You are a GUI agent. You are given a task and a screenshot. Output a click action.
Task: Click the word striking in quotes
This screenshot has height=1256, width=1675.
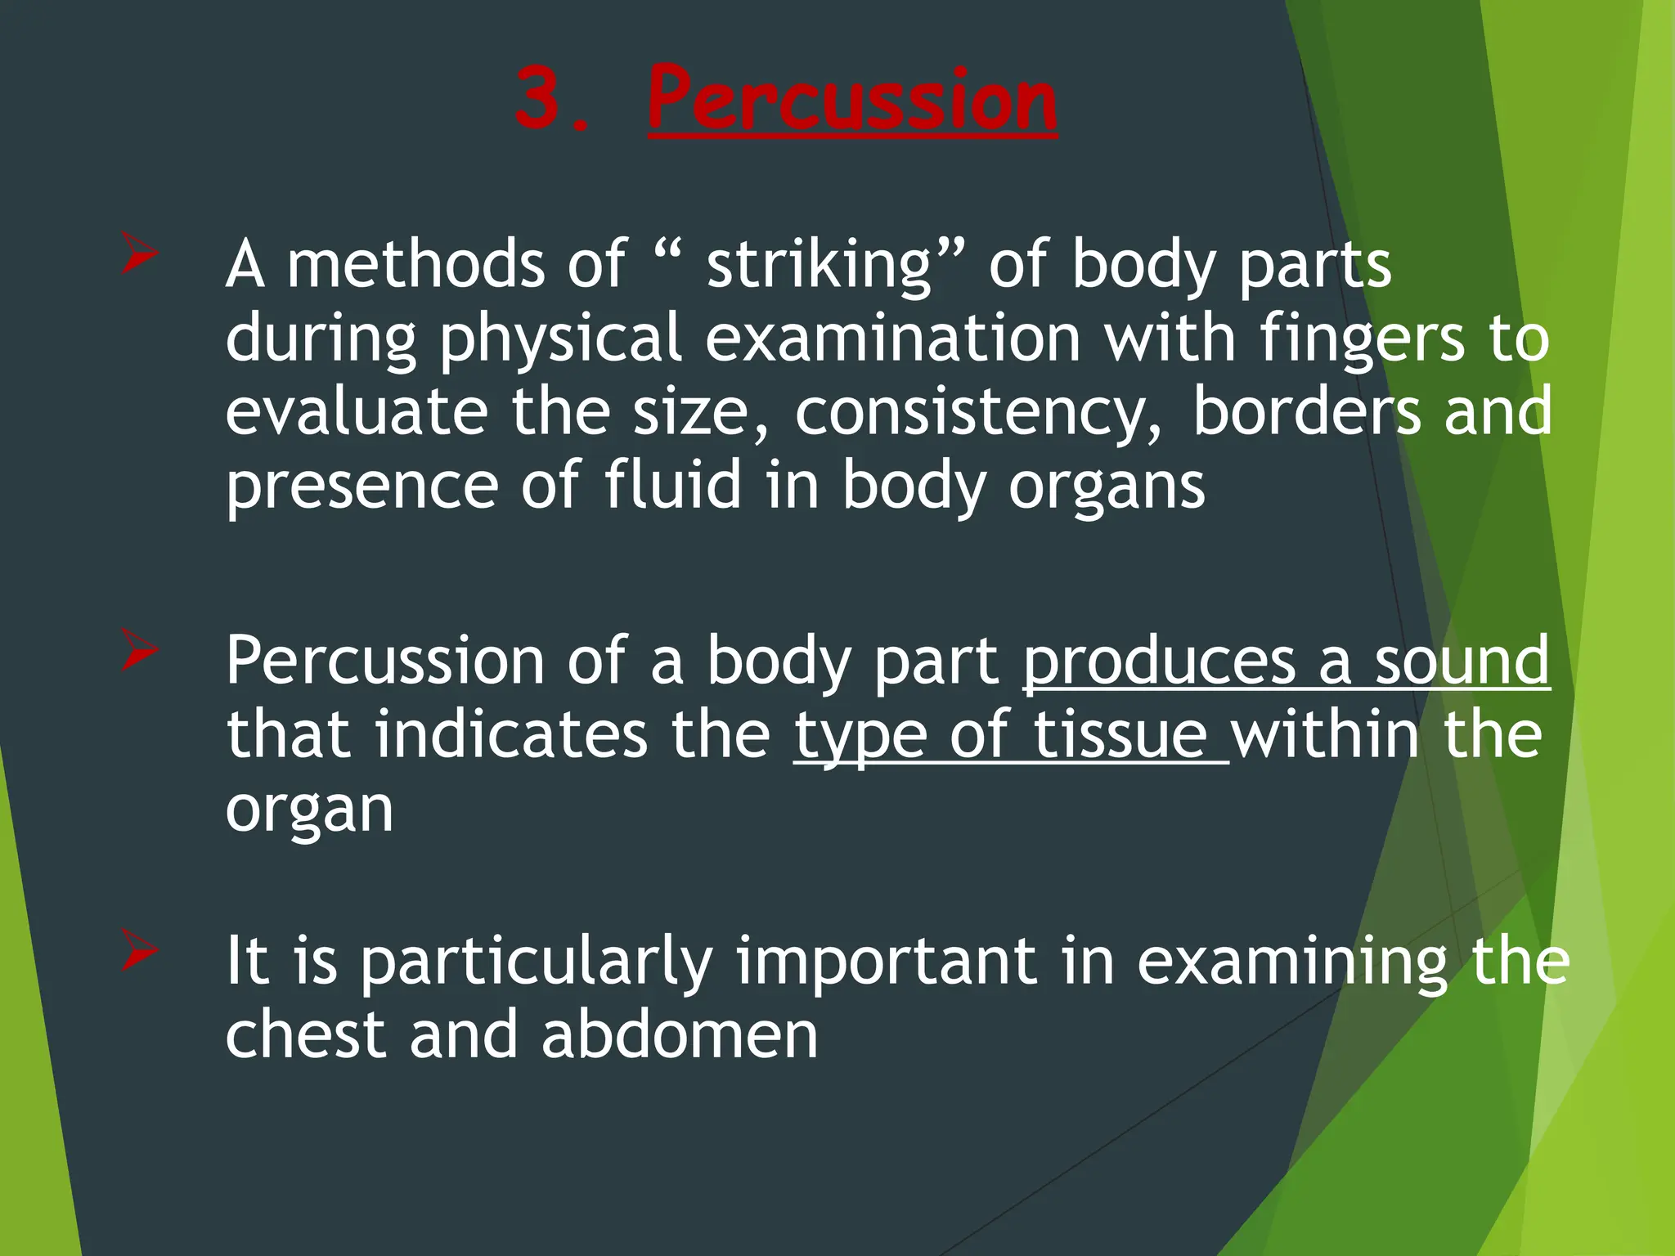click(x=819, y=266)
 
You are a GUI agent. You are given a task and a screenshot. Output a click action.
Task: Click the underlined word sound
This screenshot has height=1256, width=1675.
click(x=1462, y=660)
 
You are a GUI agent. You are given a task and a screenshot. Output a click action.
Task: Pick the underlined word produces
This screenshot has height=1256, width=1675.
click(x=1160, y=662)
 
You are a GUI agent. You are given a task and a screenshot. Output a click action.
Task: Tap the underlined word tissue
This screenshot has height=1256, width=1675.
click(x=1120, y=734)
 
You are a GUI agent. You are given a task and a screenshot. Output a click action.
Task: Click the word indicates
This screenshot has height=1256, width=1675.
click(x=511, y=734)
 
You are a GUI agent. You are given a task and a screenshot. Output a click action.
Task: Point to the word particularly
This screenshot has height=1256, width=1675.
click(x=537, y=962)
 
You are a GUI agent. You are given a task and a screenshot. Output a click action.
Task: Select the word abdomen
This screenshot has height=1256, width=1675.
click(x=680, y=1034)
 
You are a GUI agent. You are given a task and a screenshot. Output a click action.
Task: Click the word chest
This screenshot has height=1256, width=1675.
click(x=305, y=1034)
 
